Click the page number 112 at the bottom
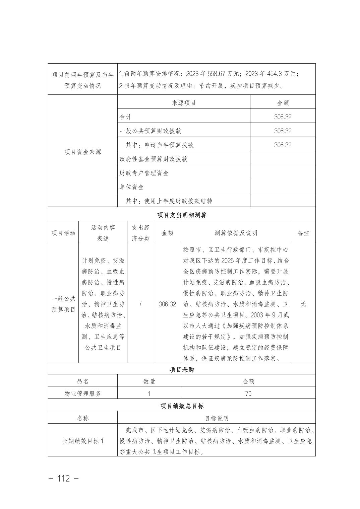tap(64, 479)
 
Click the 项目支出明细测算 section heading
tap(182, 215)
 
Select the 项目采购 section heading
tap(182, 370)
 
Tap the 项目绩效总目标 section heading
tap(182, 406)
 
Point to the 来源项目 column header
tap(184, 103)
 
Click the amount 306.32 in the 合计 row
tap(283, 117)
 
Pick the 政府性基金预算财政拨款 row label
tap(154, 159)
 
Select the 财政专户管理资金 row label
tap(144, 173)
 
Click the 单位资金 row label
tap(132, 187)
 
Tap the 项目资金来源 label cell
tap(82, 152)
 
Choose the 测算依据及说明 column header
tap(236, 233)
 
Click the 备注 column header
tap(303, 233)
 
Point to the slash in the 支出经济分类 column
tap(140, 304)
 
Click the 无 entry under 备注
tap(303, 304)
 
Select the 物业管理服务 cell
tap(83, 394)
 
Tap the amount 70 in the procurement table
tap(248, 394)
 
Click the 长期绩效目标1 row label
tap(83, 441)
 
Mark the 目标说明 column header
tap(217, 418)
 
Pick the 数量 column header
tap(149, 381)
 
